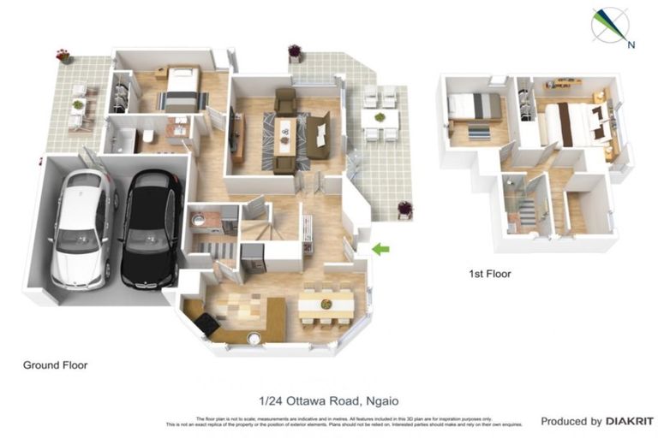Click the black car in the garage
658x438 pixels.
click(x=150, y=228)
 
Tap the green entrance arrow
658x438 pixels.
click(x=380, y=249)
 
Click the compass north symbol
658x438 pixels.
click(x=609, y=25)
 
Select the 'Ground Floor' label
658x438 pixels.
click(x=55, y=365)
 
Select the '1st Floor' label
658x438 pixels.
click(x=489, y=275)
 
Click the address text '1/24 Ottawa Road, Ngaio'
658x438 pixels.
click(x=329, y=400)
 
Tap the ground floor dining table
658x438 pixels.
click(x=326, y=305)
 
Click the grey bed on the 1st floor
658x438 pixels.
click(x=476, y=106)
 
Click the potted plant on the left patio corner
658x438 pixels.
click(x=63, y=56)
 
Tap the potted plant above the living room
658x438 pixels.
click(x=295, y=52)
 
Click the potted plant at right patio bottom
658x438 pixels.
click(x=404, y=209)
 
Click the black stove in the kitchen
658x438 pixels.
click(x=206, y=323)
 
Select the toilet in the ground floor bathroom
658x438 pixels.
click(x=148, y=137)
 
